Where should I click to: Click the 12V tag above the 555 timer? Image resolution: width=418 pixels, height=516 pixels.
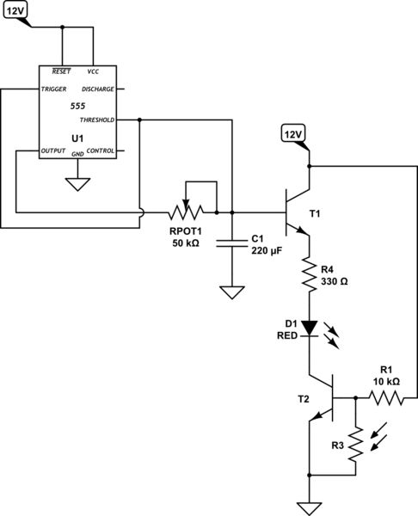[16, 12]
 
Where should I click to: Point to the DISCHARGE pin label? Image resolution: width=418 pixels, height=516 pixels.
[96, 89]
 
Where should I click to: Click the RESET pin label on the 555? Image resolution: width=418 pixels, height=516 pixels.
[62, 71]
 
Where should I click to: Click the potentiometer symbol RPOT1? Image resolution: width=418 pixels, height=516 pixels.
[187, 209]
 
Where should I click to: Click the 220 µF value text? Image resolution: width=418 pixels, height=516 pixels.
[266, 251]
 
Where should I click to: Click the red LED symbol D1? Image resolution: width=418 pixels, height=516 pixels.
[308, 328]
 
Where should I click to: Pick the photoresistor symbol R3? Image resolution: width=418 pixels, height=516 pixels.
[352, 446]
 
